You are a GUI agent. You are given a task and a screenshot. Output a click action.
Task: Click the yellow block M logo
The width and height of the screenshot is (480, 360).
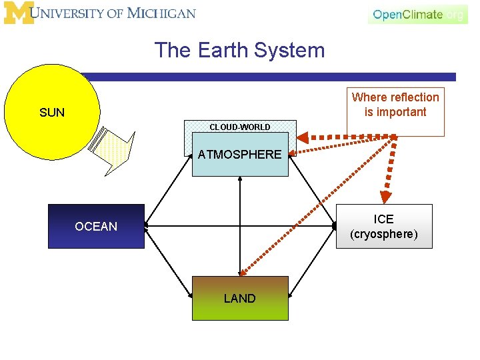point(18,13)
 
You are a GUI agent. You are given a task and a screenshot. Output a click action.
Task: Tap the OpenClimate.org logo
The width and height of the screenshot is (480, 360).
point(417,14)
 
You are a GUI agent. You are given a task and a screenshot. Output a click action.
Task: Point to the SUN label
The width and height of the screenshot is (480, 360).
point(52,113)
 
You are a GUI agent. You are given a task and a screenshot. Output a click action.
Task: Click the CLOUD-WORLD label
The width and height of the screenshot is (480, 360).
point(240,127)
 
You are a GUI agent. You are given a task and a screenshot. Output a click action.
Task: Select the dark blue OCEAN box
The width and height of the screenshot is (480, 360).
point(96,227)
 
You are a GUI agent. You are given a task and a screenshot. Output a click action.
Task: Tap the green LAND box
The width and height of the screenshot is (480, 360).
point(240,298)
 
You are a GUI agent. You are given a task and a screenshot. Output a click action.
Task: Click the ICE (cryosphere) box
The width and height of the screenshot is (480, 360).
point(383,227)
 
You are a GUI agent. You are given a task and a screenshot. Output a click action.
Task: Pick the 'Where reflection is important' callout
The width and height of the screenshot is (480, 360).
point(395,105)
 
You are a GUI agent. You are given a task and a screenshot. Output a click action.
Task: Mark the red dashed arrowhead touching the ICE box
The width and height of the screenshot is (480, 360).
point(385,197)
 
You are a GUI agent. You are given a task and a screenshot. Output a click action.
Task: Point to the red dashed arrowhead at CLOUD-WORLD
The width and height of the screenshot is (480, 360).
point(302,139)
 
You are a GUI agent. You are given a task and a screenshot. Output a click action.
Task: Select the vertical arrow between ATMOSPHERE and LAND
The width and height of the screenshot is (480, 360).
point(240,226)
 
